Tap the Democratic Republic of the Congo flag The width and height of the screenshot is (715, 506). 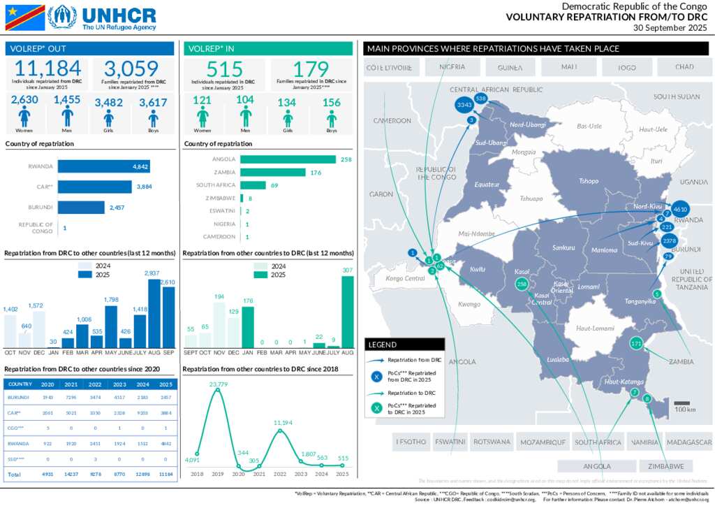(x=24, y=17)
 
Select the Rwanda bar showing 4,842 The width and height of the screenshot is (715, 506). (x=103, y=167)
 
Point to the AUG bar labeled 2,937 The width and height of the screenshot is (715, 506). (x=154, y=313)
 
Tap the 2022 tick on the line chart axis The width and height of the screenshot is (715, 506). (x=281, y=474)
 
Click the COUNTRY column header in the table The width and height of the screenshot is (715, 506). (x=20, y=384)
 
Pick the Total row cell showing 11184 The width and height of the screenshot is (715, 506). (x=165, y=475)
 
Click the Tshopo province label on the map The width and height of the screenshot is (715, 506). (x=589, y=181)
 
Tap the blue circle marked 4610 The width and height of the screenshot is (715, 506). (x=681, y=209)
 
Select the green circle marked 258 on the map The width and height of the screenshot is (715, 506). (x=521, y=284)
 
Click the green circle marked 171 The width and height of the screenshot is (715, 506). (x=636, y=344)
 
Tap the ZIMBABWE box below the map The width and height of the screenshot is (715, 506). (x=665, y=466)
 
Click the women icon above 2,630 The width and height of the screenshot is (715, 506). (x=24, y=118)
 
